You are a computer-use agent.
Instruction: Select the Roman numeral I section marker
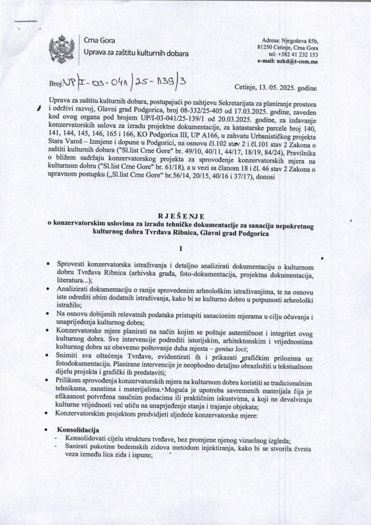[185, 246]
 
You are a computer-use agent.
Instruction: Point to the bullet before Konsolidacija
[50, 431]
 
